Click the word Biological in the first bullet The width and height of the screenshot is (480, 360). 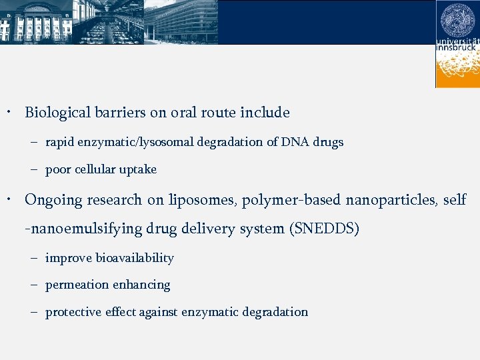pyautogui.click(x=55, y=113)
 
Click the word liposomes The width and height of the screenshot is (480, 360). pyautogui.click(x=203, y=200)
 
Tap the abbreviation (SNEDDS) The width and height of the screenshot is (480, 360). pyautogui.click(x=325, y=229)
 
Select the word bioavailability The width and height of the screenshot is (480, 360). pyautogui.click(x=135, y=258)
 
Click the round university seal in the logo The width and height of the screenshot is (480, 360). pyautogui.click(x=457, y=21)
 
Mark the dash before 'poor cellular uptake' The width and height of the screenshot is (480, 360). pyautogui.click(x=33, y=170)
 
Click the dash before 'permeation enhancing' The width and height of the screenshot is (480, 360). pyautogui.click(x=33, y=285)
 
